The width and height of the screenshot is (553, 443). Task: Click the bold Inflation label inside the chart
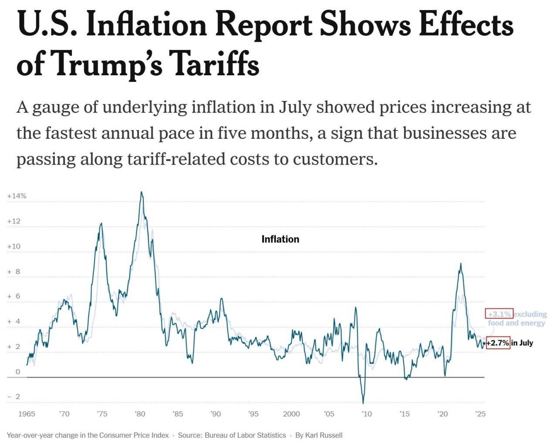[280, 239]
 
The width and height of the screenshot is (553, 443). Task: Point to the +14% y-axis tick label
[17, 196]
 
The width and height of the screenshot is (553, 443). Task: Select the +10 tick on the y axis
[14, 246]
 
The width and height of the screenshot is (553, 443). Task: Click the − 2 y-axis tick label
[14, 396]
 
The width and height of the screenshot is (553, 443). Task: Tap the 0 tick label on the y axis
[18, 372]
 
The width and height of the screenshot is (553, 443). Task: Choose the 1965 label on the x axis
[27, 414]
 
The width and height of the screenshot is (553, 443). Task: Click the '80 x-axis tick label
[140, 414]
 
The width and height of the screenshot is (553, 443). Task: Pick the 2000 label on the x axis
[291, 414]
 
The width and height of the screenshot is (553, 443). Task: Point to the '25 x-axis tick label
[480, 414]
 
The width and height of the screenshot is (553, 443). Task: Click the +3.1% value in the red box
[499, 314]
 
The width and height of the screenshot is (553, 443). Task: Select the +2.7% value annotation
[498, 343]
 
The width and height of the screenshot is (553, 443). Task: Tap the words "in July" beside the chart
[522, 343]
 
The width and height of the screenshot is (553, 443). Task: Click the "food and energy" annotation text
[516, 323]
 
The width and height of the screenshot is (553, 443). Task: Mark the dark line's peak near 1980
[141, 192]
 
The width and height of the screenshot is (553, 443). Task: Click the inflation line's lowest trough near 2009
[363, 403]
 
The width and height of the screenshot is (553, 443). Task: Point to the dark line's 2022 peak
[461, 264]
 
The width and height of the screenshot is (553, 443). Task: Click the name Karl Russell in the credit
[324, 435]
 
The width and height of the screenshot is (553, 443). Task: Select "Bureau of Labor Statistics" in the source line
[245, 435]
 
